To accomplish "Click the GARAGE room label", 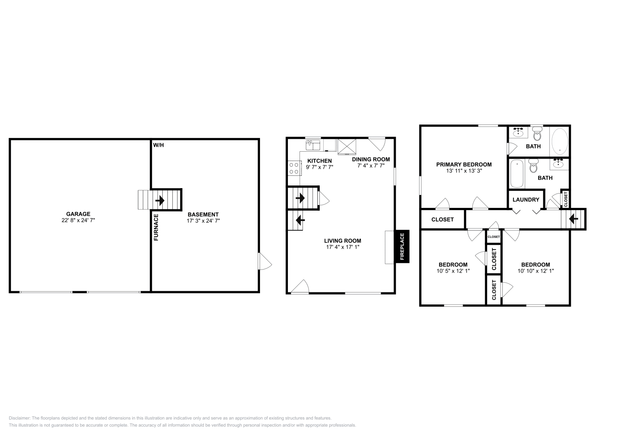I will tap(78, 214).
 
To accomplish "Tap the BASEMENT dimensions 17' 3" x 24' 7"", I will tap(203, 221).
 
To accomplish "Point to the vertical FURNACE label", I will tap(156, 228).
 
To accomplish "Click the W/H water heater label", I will tap(158, 145).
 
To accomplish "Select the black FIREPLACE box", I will tap(402, 246).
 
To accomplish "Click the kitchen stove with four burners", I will tap(294, 168).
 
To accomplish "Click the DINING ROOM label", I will tap(371, 159).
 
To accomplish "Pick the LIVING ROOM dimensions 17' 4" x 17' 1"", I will tap(343, 247).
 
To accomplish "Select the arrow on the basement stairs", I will tap(160, 200).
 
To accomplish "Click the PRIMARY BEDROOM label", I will tap(463, 164).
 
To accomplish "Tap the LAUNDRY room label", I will tap(526, 200).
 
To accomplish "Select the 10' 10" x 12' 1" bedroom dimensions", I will tap(536, 271).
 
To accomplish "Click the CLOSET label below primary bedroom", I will tap(442, 219).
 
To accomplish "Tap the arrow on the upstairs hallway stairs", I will tap(573, 219).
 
